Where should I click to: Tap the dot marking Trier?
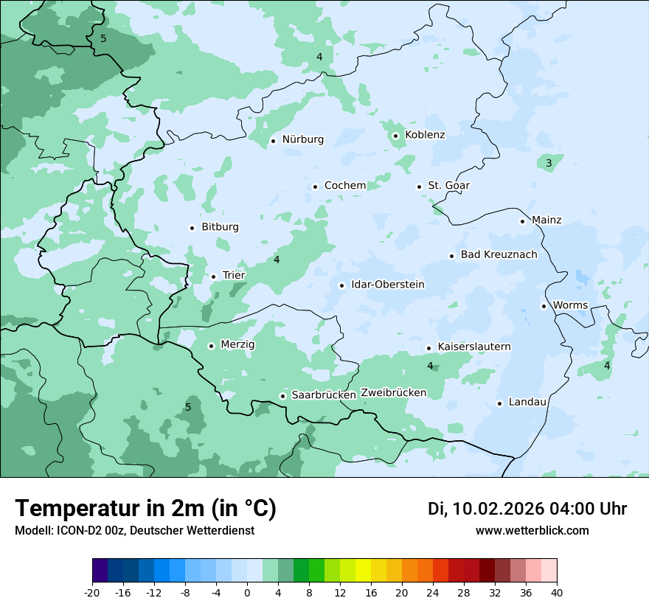[214, 277]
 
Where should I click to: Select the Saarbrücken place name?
[324, 395]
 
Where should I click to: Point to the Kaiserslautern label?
[473, 347]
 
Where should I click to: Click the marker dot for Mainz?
[522, 221]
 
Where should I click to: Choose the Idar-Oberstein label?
[388, 285]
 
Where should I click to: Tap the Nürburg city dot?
[273, 141]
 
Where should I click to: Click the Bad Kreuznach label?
[499, 254]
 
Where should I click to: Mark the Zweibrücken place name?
[393, 392]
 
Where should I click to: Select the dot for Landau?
[499, 403]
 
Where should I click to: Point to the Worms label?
[570, 305]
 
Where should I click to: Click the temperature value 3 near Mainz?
[549, 163]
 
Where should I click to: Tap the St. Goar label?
[448, 186]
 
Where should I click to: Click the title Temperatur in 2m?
[145, 508]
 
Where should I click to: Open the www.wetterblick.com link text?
[532, 531]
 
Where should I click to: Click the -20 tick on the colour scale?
[92, 592]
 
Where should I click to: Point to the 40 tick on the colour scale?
[557, 592]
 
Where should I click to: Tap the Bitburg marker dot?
[192, 228]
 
